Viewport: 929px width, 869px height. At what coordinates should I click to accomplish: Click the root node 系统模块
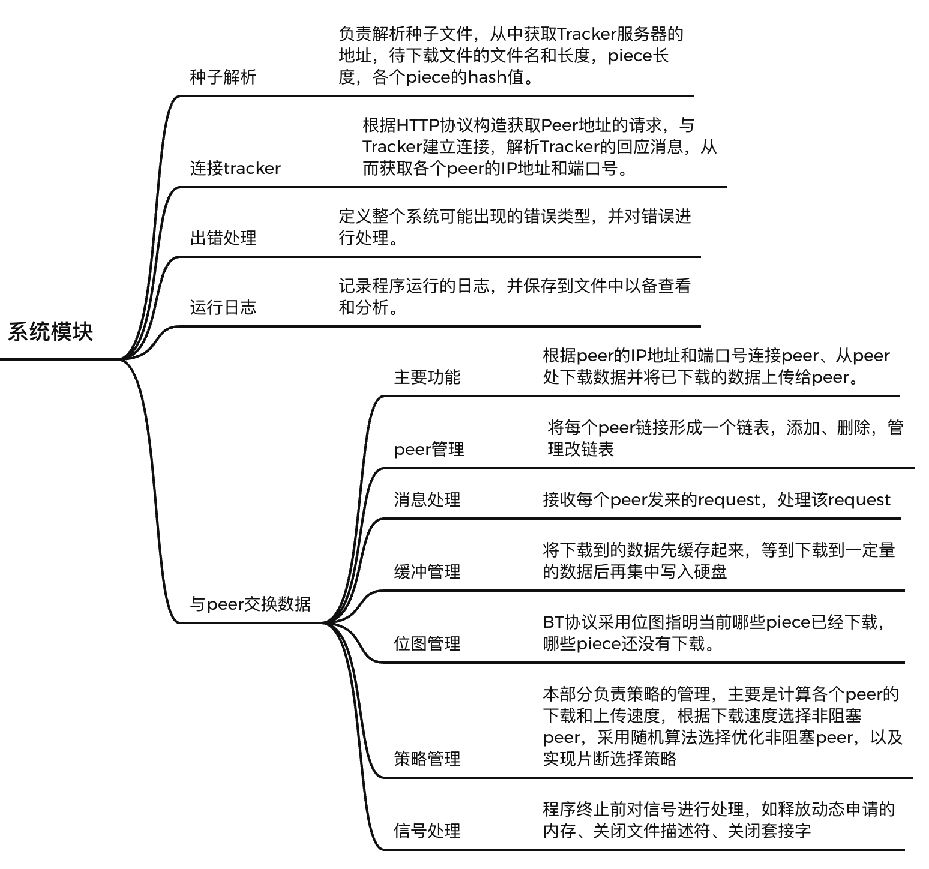50,332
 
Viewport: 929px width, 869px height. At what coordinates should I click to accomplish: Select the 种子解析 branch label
223,77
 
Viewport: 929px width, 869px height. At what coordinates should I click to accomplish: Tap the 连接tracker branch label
235,169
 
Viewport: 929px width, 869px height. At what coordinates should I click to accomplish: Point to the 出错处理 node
223,238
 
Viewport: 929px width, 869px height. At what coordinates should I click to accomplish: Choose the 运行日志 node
223,308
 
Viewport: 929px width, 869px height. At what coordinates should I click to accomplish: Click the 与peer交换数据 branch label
250,604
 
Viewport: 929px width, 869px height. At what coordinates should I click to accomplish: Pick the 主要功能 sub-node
427,377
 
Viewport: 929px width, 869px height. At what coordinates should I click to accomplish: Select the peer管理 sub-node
429,450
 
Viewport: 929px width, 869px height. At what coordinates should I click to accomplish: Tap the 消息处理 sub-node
427,500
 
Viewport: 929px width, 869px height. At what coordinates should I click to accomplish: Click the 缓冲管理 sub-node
427,572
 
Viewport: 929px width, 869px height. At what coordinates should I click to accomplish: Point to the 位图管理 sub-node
427,644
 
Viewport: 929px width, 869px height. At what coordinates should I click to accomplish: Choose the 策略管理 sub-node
427,759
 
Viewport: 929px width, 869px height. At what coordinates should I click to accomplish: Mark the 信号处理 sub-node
427,831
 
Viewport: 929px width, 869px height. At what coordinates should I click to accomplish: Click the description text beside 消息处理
716,500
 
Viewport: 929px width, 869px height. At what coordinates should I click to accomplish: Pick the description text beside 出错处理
514,227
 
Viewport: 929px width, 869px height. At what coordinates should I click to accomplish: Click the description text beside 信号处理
718,820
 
